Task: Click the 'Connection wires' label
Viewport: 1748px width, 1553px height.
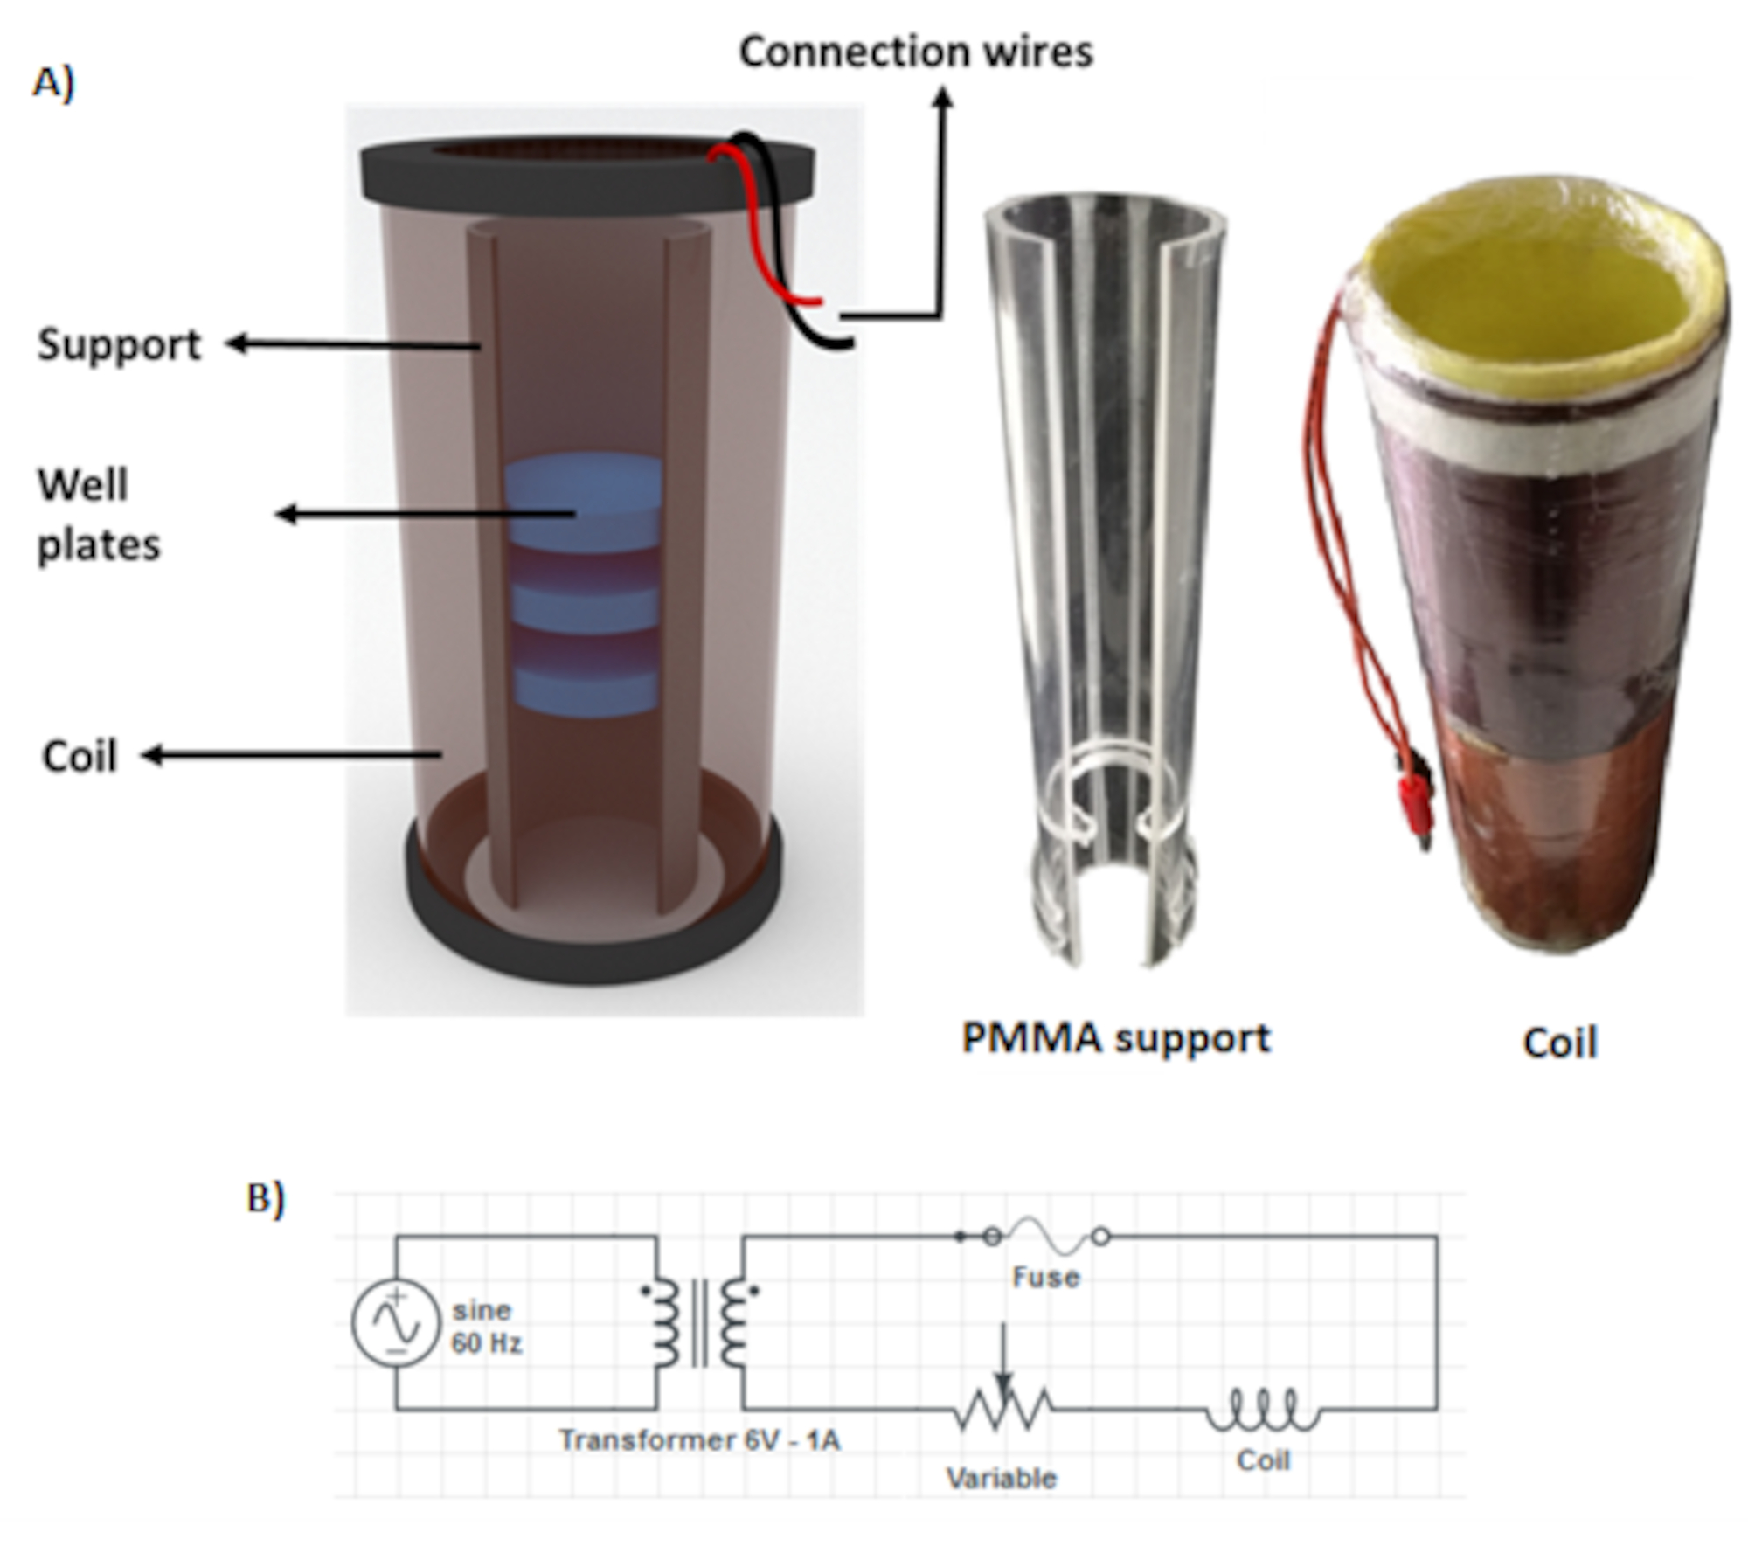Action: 915,52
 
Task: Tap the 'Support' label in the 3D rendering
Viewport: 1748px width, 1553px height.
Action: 119,344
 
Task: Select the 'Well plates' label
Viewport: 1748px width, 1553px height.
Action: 98,515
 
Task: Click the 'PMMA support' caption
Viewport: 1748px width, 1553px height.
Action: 1115,1038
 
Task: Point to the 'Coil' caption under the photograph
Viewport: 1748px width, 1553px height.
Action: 1559,1043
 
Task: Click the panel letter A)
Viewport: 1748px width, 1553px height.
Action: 53,84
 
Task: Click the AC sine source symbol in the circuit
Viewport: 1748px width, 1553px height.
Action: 395,1323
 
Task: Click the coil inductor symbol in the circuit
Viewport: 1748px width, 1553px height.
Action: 1263,1410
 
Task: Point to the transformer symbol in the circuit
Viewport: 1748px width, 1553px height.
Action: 699,1322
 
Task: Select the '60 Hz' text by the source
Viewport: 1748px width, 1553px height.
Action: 486,1343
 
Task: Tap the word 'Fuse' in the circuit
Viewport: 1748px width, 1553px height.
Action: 1045,1278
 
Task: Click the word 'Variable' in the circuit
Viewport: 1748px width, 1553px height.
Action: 1002,1478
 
